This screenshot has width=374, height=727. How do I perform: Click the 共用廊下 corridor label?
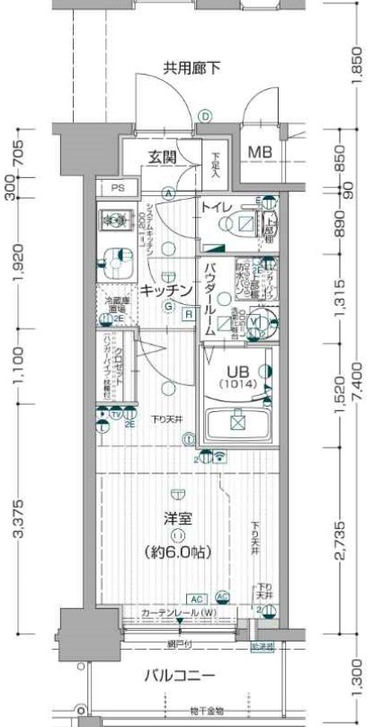coord(191,67)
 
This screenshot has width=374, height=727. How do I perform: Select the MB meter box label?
coord(261,152)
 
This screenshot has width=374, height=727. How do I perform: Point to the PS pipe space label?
coord(119,188)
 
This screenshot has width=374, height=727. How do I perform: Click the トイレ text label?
coord(217,208)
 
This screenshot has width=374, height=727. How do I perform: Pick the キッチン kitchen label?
coord(166,291)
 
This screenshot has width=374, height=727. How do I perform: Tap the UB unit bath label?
coord(236,371)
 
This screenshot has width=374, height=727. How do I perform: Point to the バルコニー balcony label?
coord(183,674)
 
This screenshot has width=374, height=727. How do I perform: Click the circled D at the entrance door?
coord(205,115)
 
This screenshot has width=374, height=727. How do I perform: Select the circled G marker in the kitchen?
coord(168,305)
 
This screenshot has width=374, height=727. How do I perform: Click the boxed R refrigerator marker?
coord(189,314)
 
